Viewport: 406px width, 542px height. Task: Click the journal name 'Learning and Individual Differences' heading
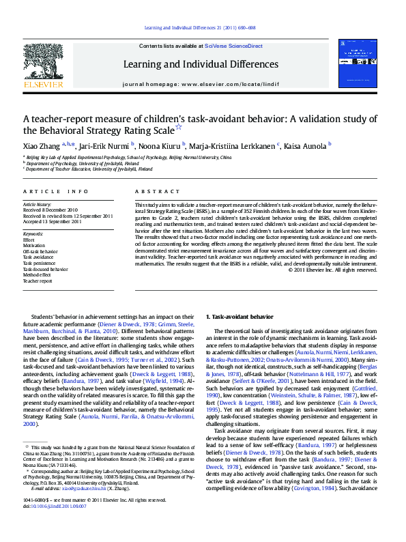point(200,64)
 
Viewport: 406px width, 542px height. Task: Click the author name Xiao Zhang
point(41,145)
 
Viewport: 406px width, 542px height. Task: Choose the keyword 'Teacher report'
point(38,281)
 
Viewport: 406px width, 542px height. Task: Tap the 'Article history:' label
point(38,205)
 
